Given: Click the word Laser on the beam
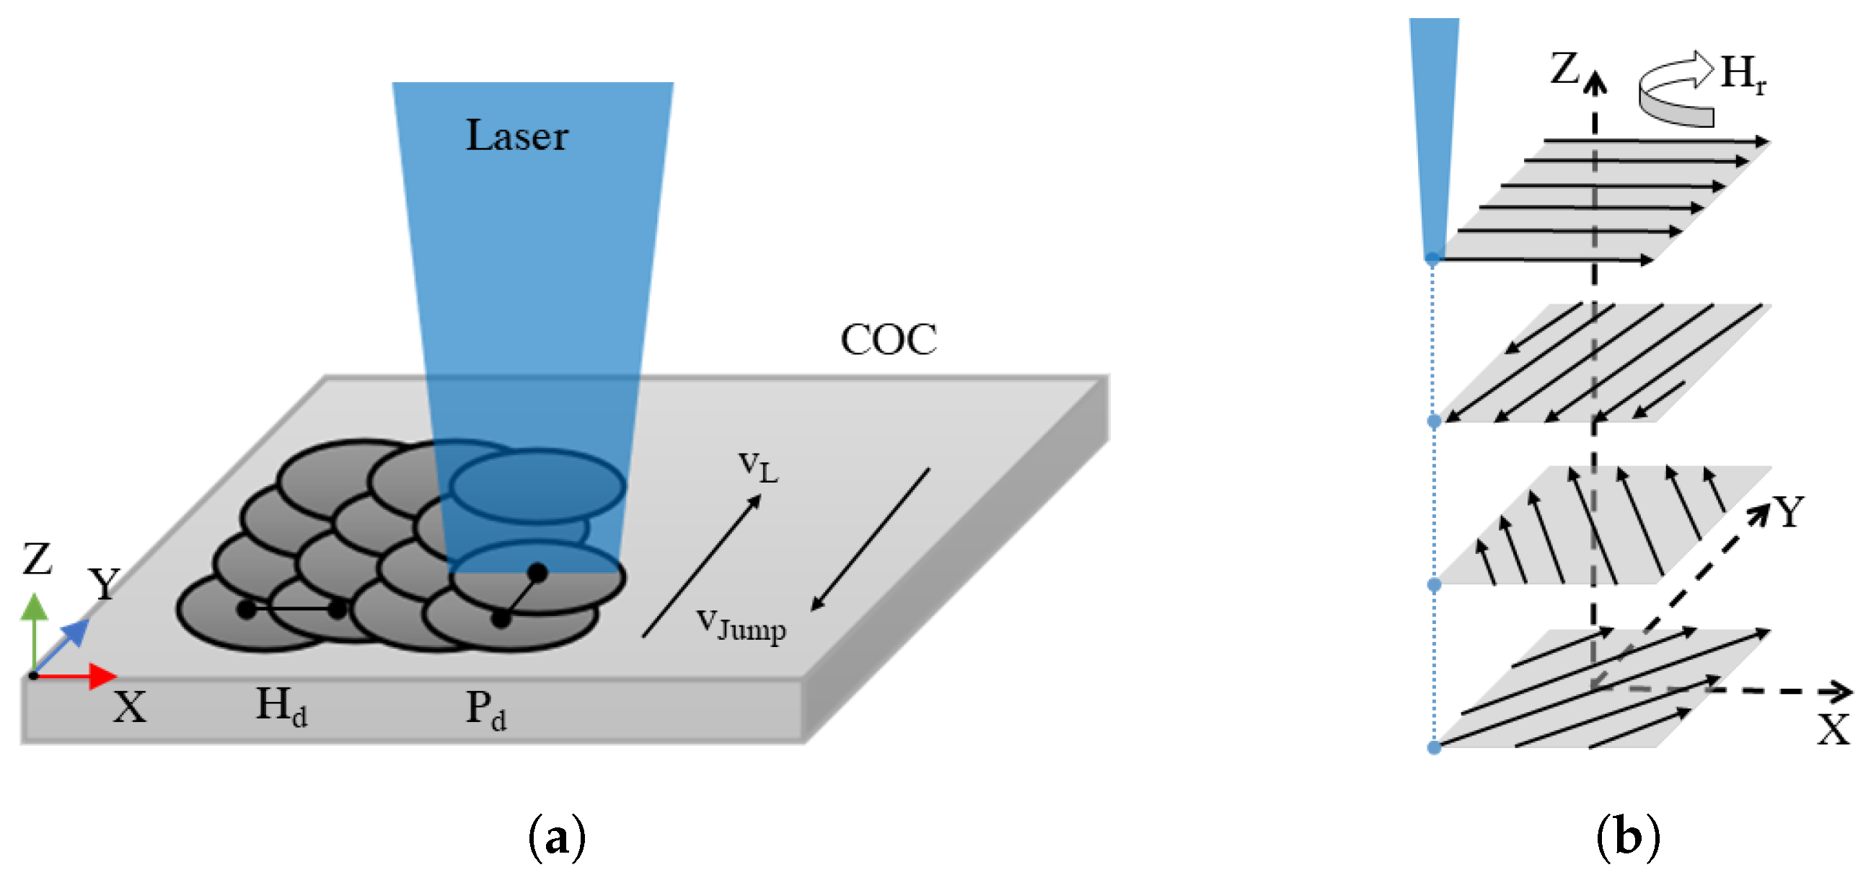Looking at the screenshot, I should click(x=516, y=136).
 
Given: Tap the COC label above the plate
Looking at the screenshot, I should click(x=889, y=340).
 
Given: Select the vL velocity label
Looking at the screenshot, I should click(x=757, y=467).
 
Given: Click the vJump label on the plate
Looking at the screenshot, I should click(x=741, y=625).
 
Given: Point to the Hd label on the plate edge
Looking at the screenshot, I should click(x=282, y=706).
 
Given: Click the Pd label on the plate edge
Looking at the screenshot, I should click(x=486, y=710).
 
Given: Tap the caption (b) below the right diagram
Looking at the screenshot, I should click(x=1628, y=838).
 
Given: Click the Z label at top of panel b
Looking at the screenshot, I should click(x=1566, y=70).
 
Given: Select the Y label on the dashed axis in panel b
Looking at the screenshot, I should click(x=1789, y=512).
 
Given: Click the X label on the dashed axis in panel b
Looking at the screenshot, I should click(x=1833, y=729).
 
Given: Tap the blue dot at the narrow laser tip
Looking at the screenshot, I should click(x=1432, y=258).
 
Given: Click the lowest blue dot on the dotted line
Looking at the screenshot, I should click(x=1434, y=748).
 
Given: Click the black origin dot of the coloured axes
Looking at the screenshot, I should click(x=33, y=676).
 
